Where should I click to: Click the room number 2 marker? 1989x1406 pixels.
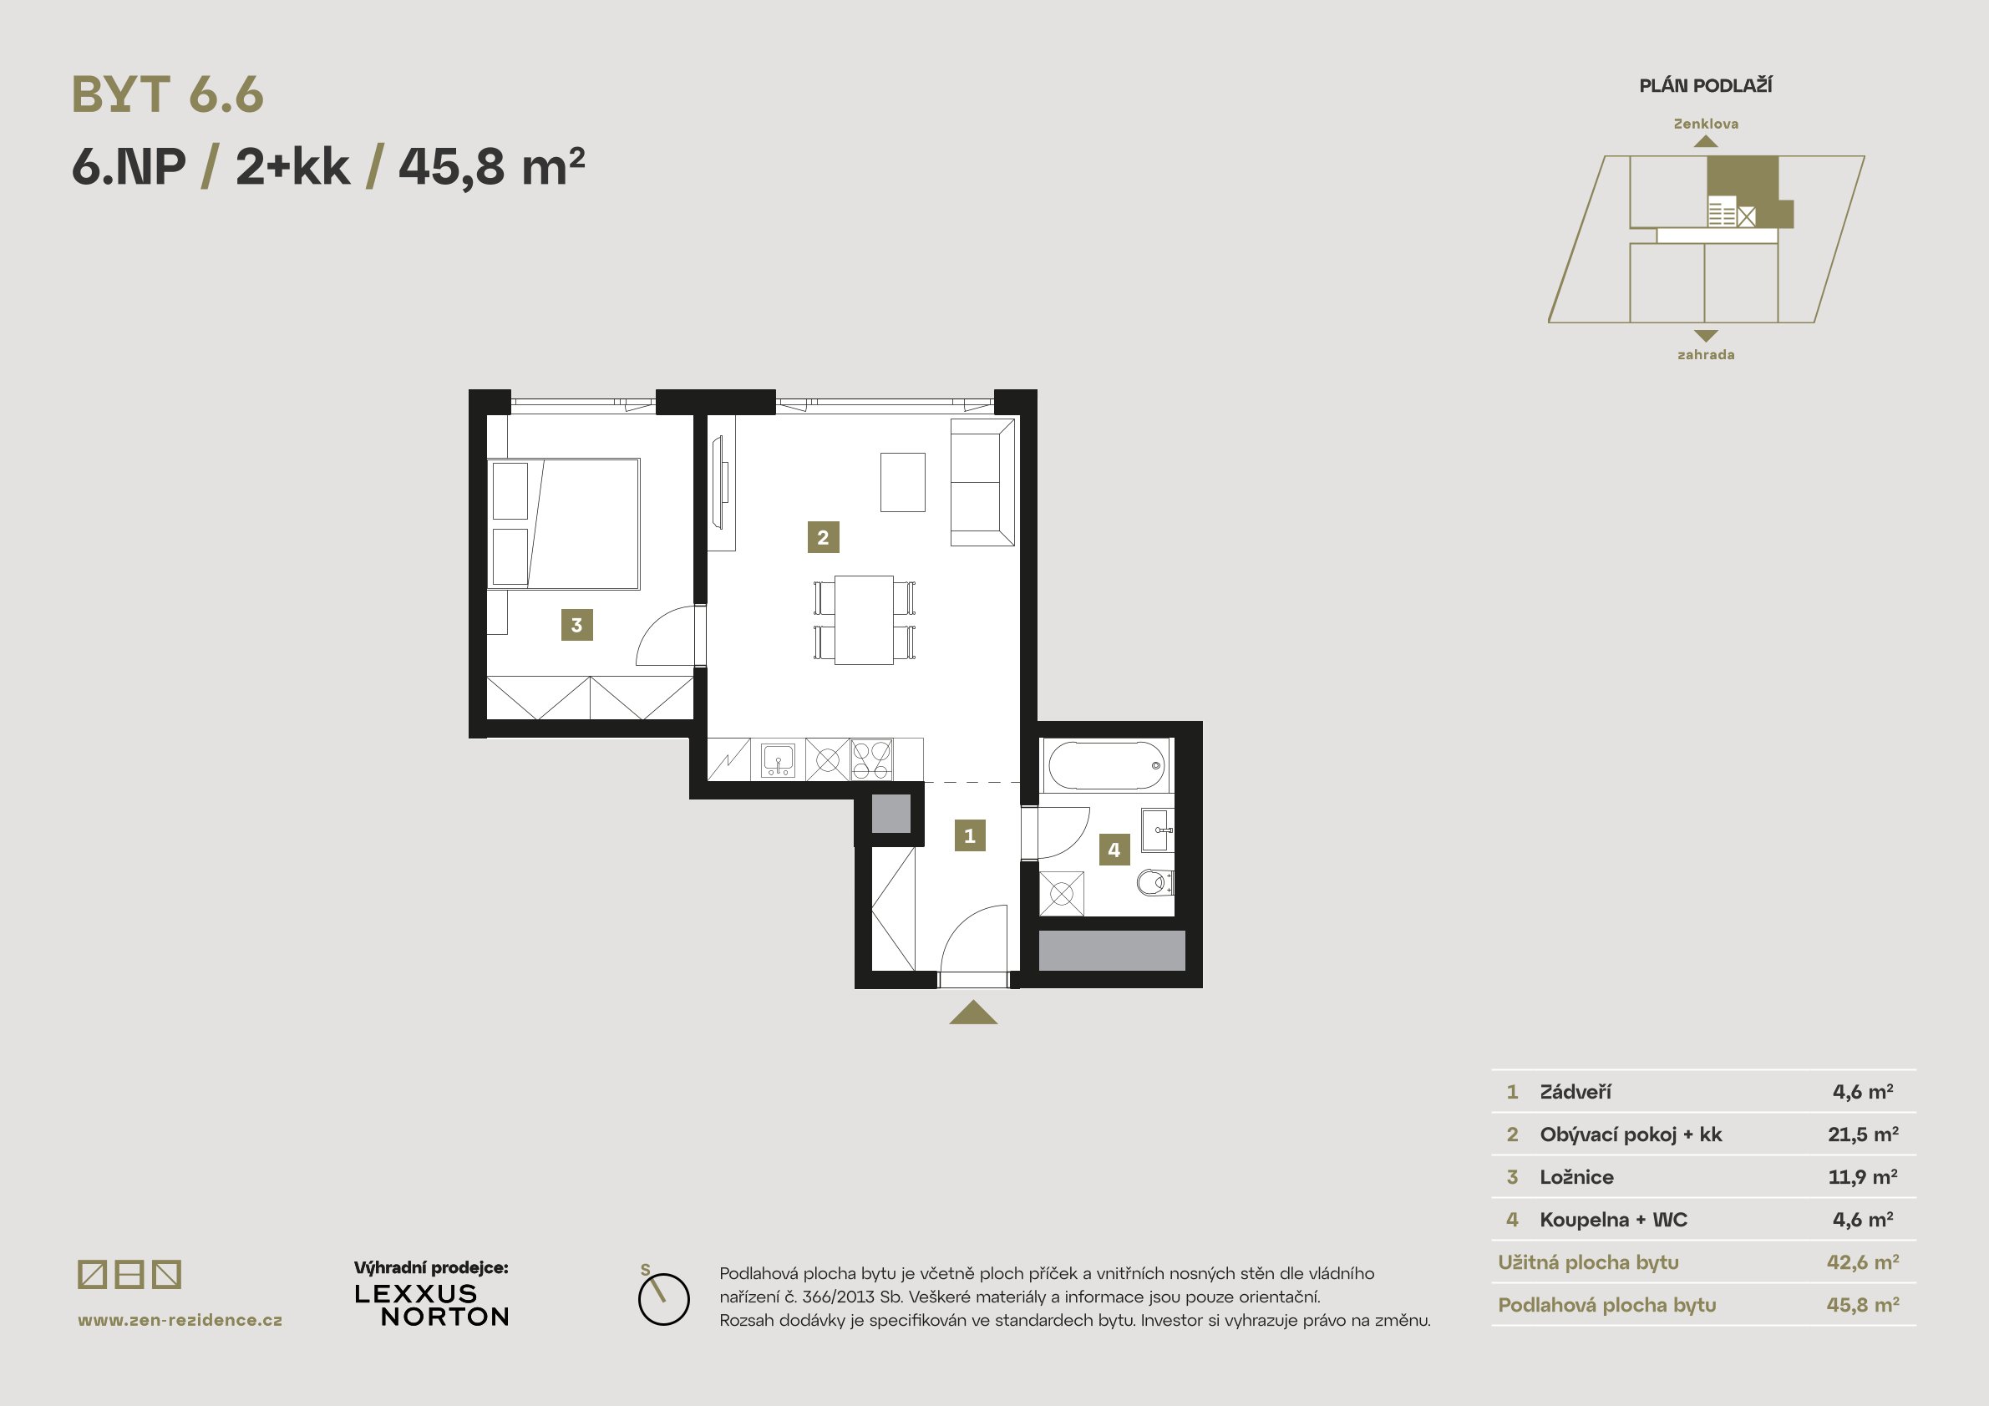coord(823,537)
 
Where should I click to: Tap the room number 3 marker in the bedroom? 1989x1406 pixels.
coord(577,625)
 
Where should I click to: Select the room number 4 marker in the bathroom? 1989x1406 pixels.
coord(1114,850)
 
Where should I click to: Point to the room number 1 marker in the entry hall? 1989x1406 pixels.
coord(969,836)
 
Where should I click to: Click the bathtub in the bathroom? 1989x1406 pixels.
coord(1106,764)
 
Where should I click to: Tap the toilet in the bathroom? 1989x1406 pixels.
coord(1154,883)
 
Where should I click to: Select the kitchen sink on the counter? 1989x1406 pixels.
coord(778,759)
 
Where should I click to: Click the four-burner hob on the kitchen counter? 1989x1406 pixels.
coord(871,759)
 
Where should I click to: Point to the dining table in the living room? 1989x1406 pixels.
coord(864,619)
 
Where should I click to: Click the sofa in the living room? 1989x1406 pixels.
coord(982,482)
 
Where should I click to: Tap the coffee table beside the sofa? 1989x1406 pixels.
coord(903,482)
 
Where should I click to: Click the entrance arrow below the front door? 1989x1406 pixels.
coord(973,1013)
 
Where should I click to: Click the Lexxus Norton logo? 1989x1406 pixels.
coord(431,1305)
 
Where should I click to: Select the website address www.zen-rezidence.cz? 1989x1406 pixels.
coord(180,1320)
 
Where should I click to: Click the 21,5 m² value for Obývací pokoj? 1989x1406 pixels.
coord(1864,1134)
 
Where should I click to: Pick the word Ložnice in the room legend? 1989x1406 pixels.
coord(1576,1177)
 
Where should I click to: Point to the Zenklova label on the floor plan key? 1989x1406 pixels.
coord(1706,124)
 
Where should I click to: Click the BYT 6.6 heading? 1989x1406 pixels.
coord(168,94)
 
